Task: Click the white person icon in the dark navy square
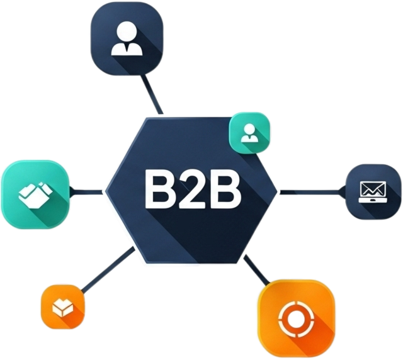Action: (127, 40)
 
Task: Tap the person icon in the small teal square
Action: (251, 132)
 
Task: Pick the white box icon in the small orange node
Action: (62, 308)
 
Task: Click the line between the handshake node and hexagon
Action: (86, 191)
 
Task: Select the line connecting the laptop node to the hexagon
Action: (312, 191)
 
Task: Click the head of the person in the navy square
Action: (127, 32)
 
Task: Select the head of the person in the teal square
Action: (251, 128)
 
